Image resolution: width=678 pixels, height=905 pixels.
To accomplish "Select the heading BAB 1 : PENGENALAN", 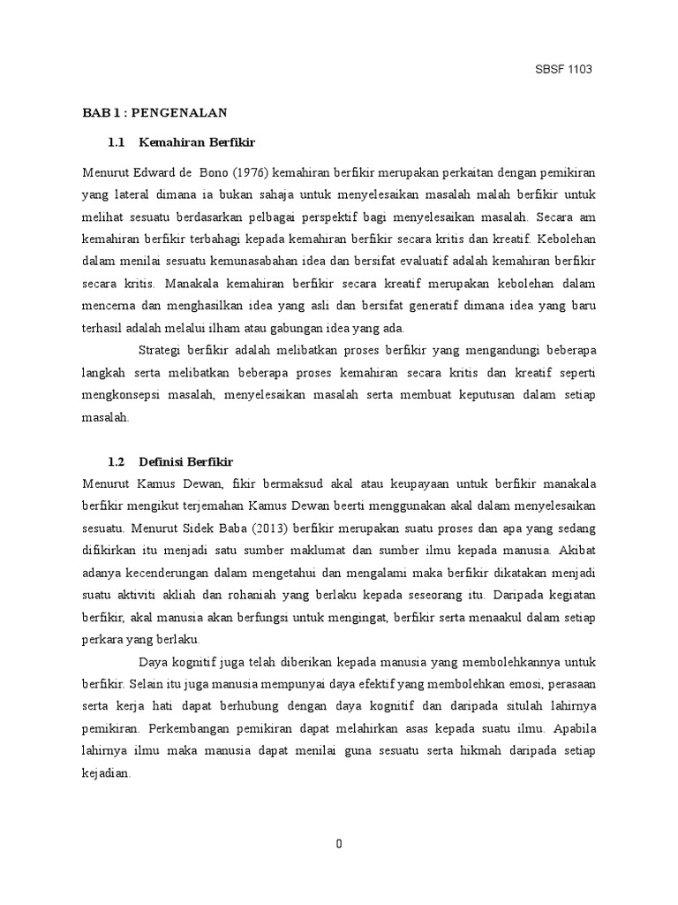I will click(x=155, y=112).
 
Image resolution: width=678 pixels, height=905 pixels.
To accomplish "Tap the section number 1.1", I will click(x=118, y=141).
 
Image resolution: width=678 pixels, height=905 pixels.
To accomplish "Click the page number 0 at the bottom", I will click(x=339, y=844).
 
